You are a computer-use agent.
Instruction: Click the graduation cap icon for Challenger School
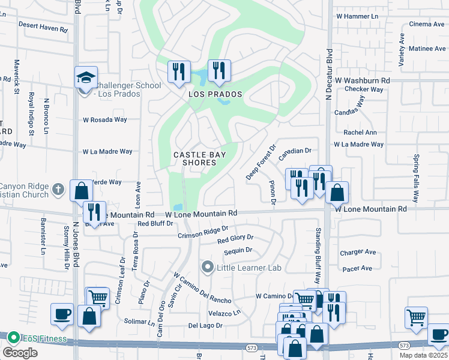pos(86,78)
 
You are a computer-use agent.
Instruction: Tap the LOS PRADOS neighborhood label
pos(215,95)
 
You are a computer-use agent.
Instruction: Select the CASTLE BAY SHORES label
pos(194,158)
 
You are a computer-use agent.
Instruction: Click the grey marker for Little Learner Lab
pos(208,266)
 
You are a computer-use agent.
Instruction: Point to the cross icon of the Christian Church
pos(58,189)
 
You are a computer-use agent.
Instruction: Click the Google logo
pos(20,352)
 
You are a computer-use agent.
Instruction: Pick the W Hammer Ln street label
pos(358,17)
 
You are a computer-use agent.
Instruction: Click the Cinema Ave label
pos(426,24)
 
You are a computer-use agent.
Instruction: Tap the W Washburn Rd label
pos(363,80)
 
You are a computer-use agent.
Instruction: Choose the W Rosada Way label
pos(105,120)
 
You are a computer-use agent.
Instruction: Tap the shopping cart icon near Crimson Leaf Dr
pos(97,297)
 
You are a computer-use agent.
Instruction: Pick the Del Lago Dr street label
pos(205,326)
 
